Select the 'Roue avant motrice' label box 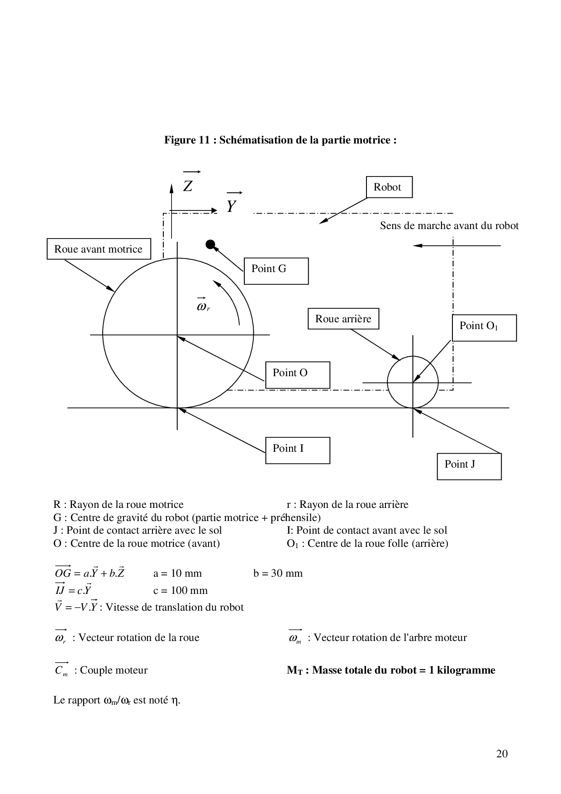[x=99, y=249]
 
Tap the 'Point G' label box [x=276, y=271]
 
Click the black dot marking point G [x=210, y=244]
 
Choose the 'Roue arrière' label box [x=343, y=319]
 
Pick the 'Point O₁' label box [x=484, y=327]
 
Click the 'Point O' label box [x=297, y=374]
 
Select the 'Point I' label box [x=297, y=450]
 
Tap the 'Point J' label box [x=469, y=466]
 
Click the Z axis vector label [x=188, y=185]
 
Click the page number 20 [x=502, y=754]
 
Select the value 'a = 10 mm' [x=177, y=574]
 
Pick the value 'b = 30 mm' [x=278, y=574]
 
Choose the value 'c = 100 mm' [x=180, y=590]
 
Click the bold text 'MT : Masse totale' [x=390, y=670]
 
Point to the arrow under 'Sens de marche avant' [x=457, y=245]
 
